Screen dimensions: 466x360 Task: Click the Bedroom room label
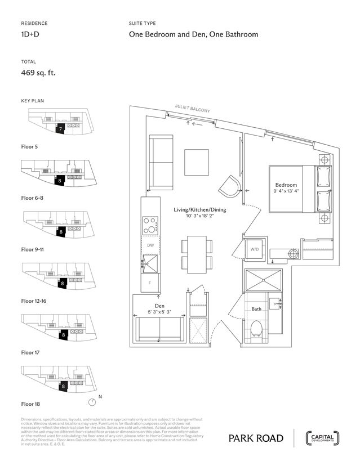point(286,185)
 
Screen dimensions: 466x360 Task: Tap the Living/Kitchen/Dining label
point(199,209)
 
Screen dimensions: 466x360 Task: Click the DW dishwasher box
point(150,245)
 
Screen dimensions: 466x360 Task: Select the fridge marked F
point(150,283)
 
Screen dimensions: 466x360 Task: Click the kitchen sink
point(150,263)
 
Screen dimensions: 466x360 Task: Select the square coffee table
point(197,162)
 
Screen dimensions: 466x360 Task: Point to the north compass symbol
point(92,402)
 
